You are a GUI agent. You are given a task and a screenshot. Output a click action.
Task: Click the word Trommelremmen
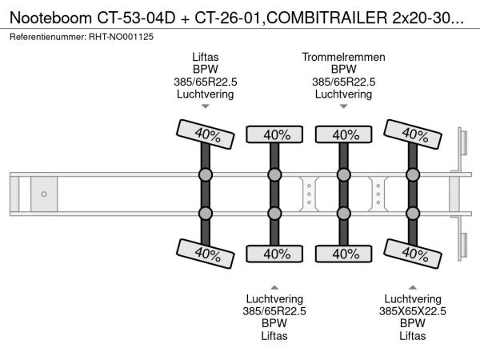343,58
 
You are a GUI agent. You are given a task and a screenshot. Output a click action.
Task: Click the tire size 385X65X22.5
412,311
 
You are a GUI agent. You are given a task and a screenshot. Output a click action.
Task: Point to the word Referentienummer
45,35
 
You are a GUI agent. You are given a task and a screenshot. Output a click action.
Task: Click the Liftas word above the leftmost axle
205,58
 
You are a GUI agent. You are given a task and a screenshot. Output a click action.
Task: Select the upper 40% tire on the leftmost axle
206,134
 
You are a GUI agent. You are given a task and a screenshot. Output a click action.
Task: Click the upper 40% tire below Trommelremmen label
344,134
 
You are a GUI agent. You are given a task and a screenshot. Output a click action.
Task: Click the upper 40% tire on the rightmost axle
413,134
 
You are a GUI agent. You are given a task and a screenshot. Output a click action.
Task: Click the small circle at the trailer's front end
44,194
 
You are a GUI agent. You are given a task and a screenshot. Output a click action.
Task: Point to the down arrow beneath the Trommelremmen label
344,106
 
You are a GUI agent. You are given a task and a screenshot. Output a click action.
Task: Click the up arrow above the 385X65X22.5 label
412,286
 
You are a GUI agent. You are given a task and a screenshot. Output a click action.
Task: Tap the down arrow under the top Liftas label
205,106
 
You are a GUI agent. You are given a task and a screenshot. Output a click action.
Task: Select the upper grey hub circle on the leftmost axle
206,175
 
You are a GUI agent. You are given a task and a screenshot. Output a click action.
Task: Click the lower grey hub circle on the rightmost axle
413,213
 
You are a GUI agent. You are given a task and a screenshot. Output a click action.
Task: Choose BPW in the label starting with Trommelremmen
343,70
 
